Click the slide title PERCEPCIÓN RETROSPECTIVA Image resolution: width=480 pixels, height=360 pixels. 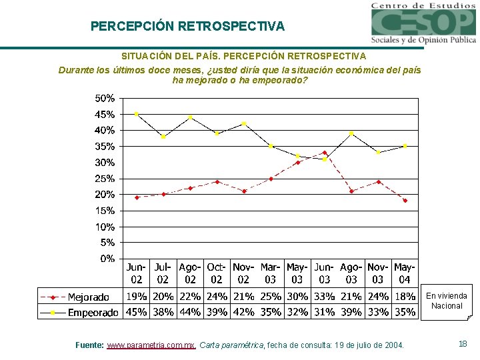[x=187, y=27]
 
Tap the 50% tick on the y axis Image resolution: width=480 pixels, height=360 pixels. [x=105, y=98]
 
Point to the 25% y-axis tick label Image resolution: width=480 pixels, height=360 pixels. [x=105, y=179]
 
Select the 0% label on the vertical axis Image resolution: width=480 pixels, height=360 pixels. [x=107, y=259]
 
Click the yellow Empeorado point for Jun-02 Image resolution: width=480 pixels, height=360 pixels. [x=137, y=114]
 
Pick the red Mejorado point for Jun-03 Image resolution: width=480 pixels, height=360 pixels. [x=325, y=153]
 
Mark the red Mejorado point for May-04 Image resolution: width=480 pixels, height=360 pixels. [x=405, y=201]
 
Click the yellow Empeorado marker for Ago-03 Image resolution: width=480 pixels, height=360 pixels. [x=351, y=133]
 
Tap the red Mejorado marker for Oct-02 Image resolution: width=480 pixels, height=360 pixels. [x=217, y=181]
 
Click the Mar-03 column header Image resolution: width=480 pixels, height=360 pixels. [x=271, y=273]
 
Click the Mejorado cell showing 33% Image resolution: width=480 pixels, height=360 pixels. [x=324, y=297]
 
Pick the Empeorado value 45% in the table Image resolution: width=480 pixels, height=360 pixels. [x=137, y=311]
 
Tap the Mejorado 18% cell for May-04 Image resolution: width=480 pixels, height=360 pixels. [x=405, y=297]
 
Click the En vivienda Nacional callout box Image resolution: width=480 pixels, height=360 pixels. [x=447, y=301]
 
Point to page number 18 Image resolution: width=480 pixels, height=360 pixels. [x=463, y=344]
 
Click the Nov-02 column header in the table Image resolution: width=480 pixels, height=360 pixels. [x=243, y=273]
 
